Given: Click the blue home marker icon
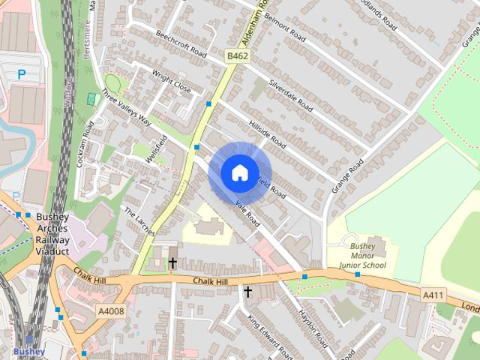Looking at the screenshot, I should click(239, 173).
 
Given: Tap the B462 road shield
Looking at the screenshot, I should click(237, 56).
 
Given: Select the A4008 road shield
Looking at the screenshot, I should click(111, 310).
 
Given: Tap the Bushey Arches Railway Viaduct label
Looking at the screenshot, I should click(52, 235).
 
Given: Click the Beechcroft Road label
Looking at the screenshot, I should click(181, 44).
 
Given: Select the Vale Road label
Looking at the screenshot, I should click(247, 214).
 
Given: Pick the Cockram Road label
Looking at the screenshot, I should click(88, 135).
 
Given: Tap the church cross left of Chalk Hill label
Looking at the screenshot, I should click(172, 263).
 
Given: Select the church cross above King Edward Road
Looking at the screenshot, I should click(247, 291).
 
